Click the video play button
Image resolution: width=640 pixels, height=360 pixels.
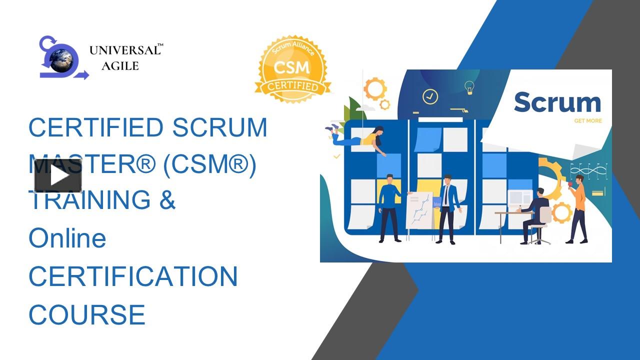[x=58, y=175]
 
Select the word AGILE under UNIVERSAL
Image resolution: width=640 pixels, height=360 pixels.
[x=120, y=66]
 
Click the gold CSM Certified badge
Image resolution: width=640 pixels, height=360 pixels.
[x=292, y=69]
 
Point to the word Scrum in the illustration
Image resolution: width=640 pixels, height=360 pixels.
[x=557, y=102]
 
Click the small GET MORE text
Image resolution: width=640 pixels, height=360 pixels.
[x=588, y=121]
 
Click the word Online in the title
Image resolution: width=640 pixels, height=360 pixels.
[x=67, y=238]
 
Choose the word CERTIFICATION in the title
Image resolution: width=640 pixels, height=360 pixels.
[x=132, y=276]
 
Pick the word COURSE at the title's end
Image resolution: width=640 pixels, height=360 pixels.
[x=86, y=314]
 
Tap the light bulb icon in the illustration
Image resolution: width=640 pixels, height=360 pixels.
[x=469, y=87]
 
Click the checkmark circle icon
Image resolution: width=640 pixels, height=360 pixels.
[x=430, y=96]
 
